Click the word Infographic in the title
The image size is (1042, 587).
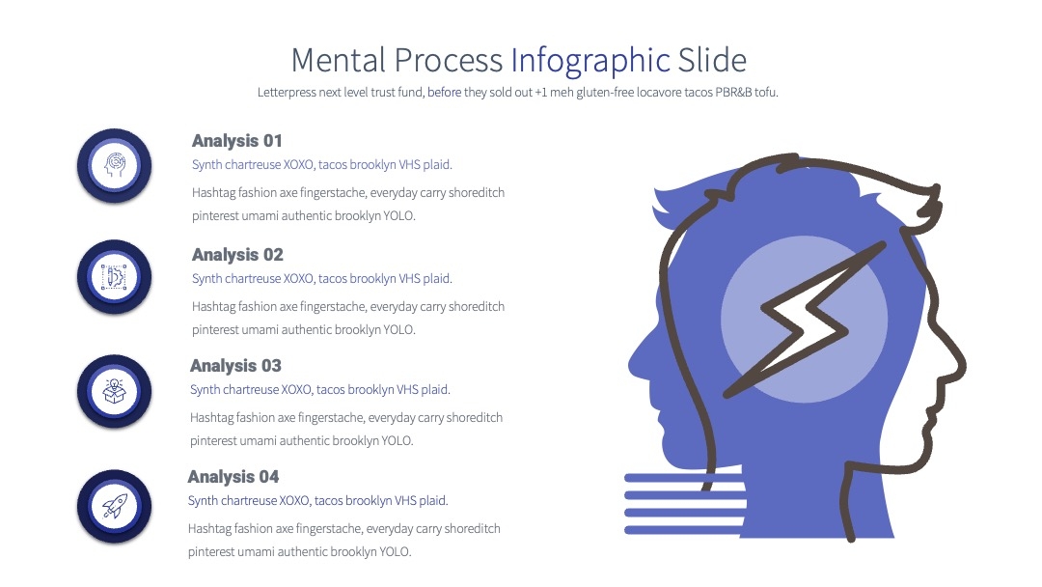[x=590, y=61]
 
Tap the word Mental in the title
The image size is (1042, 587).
[x=339, y=60]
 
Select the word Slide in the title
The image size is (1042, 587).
[x=712, y=60]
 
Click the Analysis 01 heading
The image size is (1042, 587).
[x=237, y=141]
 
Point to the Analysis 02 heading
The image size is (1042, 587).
[x=237, y=255]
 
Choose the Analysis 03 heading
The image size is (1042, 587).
[x=235, y=366]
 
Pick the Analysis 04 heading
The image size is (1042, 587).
[x=233, y=477]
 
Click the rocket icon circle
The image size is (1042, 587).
[x=114, y=507]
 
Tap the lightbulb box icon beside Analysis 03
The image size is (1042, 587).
[x=114, y=391]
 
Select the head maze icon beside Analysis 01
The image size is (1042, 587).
[x=114, y=165]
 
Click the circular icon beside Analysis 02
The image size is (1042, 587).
[x=114, y=276]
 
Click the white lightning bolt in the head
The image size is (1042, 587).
[x=804, y=320]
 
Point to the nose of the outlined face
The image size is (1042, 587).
[x=960, y=366]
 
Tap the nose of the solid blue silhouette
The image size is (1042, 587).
[x=633, y=362]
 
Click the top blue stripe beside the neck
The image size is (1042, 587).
[x=684, y=478]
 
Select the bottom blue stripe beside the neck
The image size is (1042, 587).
[x=684, y=530]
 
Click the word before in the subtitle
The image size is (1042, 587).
[x=445, y=93]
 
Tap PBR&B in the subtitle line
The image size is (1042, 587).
[x=733, y=93]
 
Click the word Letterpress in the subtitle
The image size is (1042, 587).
[x=287, y=93]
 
